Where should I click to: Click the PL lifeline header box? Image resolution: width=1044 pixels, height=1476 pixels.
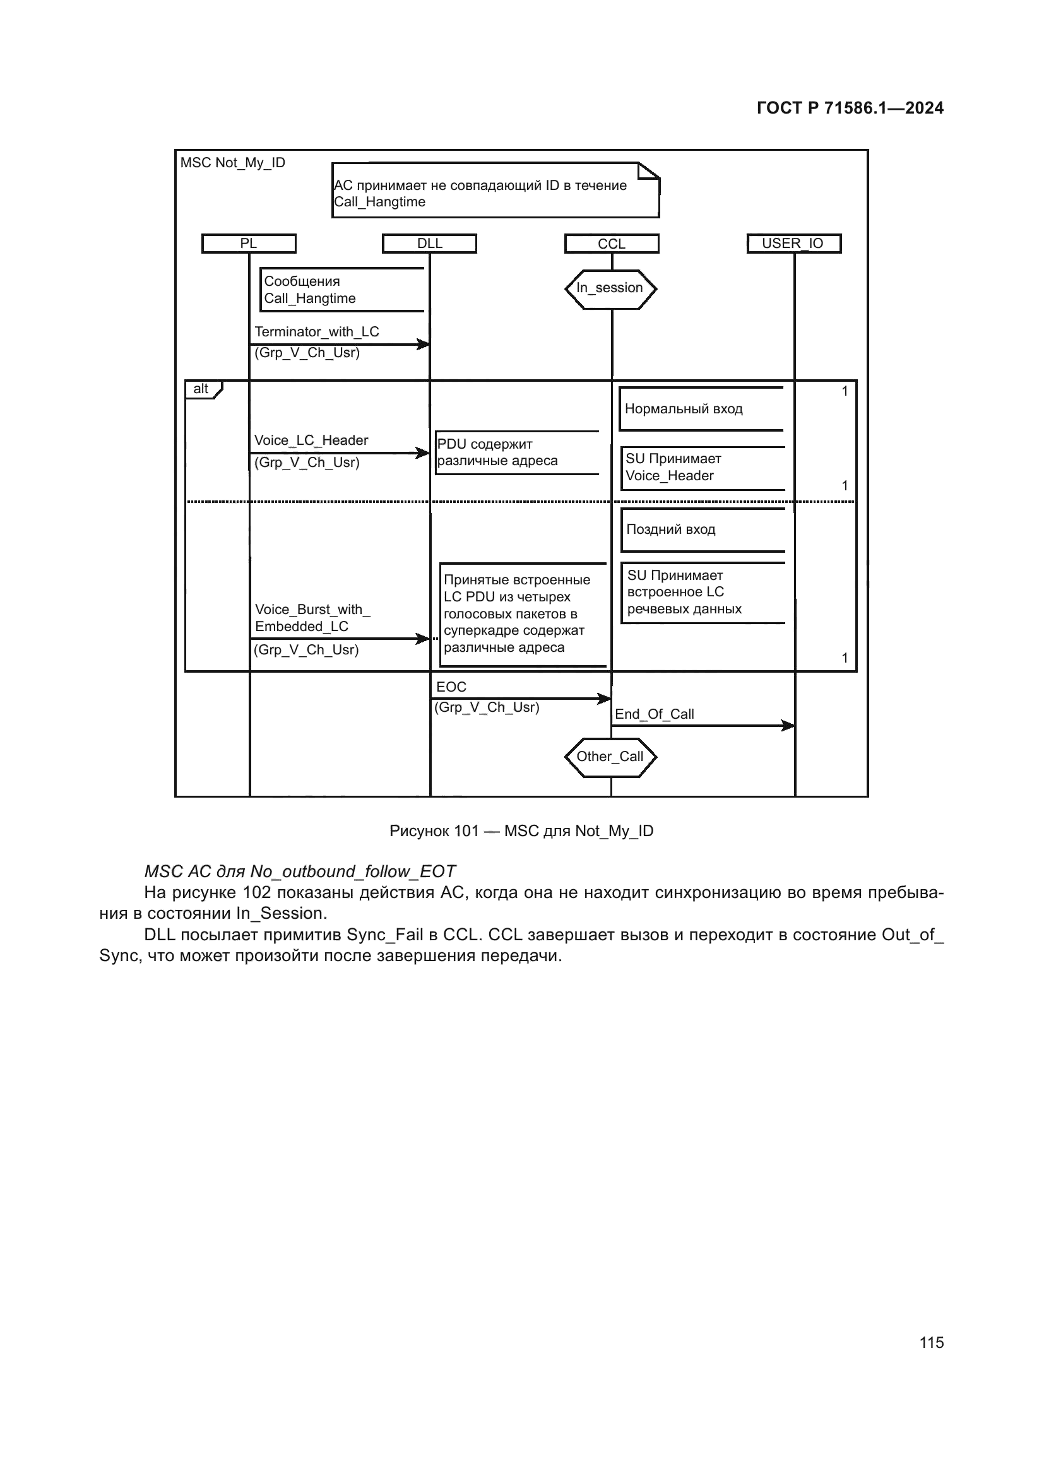(x=249, y=244)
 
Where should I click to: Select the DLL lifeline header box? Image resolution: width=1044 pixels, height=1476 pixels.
(x=429, y=244)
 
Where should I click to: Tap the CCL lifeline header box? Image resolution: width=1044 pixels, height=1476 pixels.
(x=612, y=244)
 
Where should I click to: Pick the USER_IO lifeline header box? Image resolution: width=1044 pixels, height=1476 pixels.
(x=793, y=244)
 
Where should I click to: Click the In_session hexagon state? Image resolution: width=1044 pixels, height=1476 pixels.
(x=610, y=288)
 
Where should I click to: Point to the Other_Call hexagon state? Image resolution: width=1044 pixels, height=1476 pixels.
(x=610, y=757)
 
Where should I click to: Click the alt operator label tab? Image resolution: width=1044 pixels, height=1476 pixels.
(x=202, y=389)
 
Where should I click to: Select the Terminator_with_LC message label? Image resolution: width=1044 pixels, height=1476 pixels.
(x=317, y=332)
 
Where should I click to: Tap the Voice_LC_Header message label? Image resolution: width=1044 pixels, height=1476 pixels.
(x=311, y=440)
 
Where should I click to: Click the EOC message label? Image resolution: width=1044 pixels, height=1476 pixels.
(x=451, y=687)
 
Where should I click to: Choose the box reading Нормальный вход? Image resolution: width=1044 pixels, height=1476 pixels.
(x=701, y=409)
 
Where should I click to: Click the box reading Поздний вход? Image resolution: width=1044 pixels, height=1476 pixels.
(x=703, y=529)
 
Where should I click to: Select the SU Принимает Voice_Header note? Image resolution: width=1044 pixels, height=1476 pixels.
(x=703, y=468)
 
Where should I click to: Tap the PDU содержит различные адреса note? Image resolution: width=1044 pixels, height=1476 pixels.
(x=517, y=452)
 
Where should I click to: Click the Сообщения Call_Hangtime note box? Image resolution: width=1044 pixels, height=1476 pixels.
(x=342, y=290)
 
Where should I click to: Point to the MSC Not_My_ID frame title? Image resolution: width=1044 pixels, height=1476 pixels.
(x=233, y=163)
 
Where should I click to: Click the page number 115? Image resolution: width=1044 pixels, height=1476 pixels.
(x=932, y=1342)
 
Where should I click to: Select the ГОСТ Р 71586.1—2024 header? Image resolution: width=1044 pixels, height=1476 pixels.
(x=850, y=108)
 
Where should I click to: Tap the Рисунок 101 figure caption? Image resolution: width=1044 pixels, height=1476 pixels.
(x=521, y=831)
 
